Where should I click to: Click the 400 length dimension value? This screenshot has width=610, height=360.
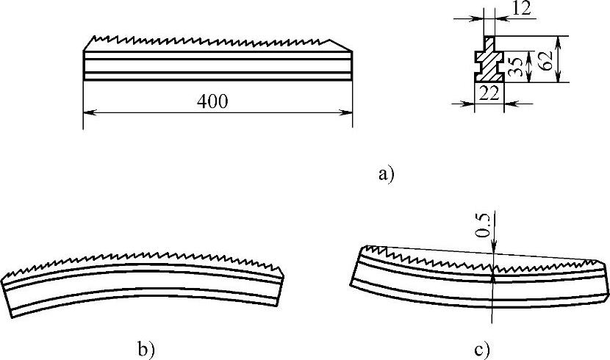[212, 102]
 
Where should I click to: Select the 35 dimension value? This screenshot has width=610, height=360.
[517, 68]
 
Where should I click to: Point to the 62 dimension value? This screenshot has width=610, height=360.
[545, 60]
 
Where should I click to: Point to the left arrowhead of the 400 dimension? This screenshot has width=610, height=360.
[87, 112]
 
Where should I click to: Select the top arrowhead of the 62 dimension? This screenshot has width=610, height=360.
[558, 38]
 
